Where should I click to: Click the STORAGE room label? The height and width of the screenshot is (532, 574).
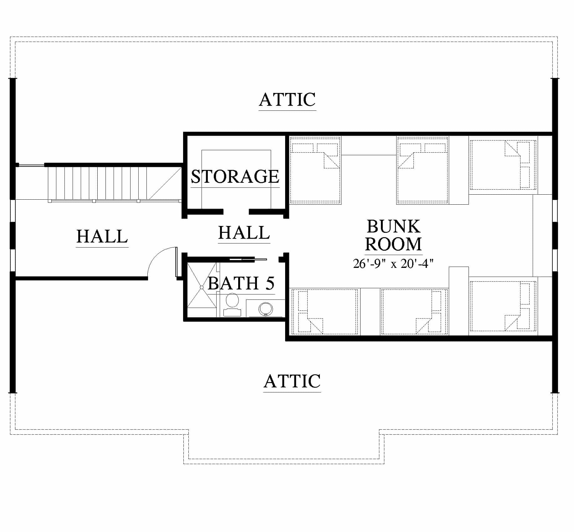tap(235, 176)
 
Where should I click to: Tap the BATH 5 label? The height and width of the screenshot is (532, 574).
tap(241, 283)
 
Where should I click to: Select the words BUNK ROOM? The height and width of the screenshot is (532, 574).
tap(393, 235)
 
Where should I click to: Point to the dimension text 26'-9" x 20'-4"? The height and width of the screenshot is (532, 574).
tap(393, 263)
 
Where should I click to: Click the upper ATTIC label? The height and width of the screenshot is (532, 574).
tap(287, 100)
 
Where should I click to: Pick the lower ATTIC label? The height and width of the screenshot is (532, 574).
tap(292, 381)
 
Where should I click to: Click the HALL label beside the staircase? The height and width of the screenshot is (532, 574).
tap(102, 236)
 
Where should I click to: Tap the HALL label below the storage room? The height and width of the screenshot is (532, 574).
tap(244, 233)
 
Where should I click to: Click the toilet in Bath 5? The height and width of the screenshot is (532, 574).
tap(232, 304)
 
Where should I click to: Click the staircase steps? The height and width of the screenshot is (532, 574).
tap(97, 183)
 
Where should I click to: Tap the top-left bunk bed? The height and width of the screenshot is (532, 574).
tap(315, 170)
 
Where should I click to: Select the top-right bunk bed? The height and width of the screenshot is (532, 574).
tap(503, 165)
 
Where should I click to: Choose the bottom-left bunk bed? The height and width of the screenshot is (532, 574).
tap(325, 312)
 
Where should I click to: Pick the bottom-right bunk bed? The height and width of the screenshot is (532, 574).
tap(503, 306)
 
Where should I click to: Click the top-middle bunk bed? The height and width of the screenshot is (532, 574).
tap(423, 170)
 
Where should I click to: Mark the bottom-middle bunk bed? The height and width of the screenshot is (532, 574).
tap(414, 312)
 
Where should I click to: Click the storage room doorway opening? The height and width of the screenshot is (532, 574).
tap(236, 212)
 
